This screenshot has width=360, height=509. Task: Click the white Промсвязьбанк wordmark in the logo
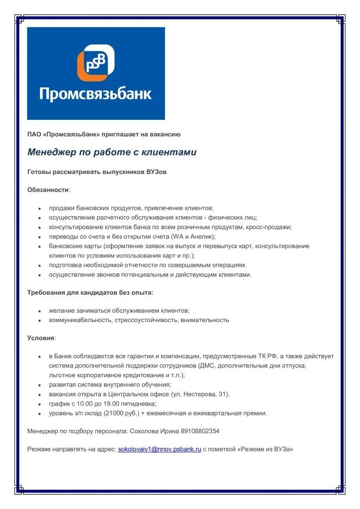(x=95, y=94)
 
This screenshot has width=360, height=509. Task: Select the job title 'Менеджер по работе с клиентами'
(x=112, y=152)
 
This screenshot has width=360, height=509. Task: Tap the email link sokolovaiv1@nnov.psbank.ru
(x=160, y=449)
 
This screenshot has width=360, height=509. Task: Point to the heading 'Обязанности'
(x=48, y=190)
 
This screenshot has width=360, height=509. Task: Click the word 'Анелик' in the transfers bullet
(x=201, y=237)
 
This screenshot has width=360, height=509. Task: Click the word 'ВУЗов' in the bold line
(x=157, y=171)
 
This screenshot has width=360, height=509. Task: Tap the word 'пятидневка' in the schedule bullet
(x=140, y=404)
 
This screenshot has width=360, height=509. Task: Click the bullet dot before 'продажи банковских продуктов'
(x=39, y=209)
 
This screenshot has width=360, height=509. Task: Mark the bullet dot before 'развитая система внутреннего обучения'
(x=39, y=385)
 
